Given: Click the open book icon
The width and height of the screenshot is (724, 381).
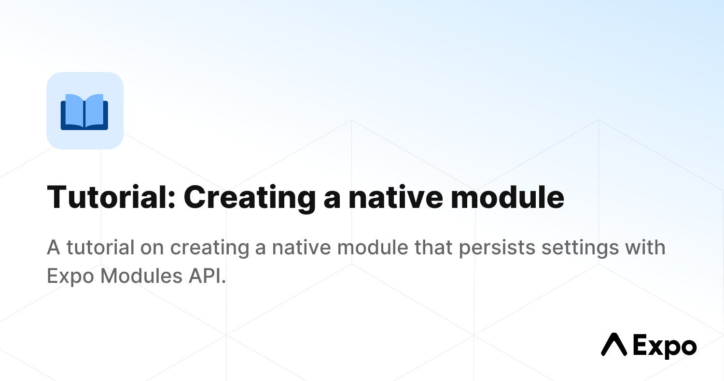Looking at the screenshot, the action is tap(84, 112).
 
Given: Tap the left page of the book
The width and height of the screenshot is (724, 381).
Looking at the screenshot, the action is tap(74, 110).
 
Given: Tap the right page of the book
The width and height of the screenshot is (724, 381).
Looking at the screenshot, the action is tap(95, 110).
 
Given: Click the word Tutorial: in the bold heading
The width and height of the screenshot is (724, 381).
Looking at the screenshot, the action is tap(111, 197).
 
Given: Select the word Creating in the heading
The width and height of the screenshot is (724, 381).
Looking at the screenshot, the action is tap(249, 198).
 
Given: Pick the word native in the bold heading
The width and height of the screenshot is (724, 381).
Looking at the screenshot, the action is tap(396, 197).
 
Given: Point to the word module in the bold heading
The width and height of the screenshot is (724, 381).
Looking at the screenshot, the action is tap(508, 197).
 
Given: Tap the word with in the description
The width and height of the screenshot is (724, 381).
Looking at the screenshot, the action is tap(645, 247).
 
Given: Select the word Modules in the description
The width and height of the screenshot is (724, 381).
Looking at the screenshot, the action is tap(141, 276).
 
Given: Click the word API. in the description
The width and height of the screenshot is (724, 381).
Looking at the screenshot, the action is tap(207, 276).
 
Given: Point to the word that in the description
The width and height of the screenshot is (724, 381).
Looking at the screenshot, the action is tap(433, 247).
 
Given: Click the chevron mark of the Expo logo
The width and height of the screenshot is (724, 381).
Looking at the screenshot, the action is tap(614, 344).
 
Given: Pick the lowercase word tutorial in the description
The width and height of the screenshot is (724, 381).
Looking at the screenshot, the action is tap(100, 247).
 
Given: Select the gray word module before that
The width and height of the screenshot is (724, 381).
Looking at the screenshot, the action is tap(373, 247).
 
